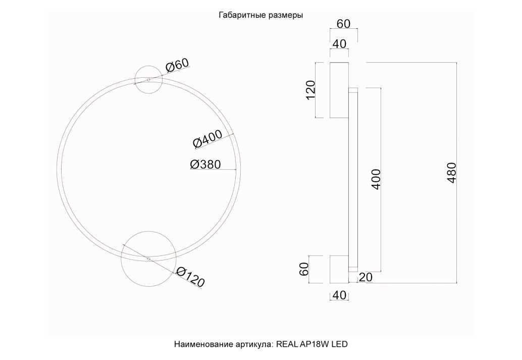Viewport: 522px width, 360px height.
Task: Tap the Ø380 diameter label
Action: coord(205,164)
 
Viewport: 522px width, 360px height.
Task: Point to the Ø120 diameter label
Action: coord(189,277)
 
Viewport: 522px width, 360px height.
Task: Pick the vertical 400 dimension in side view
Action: coord(376,179)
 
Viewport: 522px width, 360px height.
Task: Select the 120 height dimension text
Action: coord(310,90)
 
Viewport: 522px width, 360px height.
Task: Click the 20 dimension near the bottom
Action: coord(366,277)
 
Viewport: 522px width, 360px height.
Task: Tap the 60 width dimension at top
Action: coord(344,24)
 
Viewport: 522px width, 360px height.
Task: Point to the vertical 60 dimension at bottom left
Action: coord(304,269)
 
